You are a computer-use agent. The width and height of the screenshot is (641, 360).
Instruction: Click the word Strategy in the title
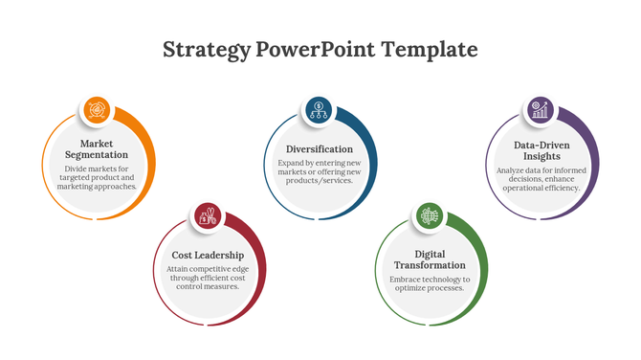click(207, 49)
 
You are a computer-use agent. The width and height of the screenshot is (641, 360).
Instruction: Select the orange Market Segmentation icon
click(96, 110)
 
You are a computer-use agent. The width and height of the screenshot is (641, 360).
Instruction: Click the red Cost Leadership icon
click(208, 216)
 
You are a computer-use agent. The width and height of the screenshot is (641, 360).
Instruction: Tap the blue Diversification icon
click(320, 110)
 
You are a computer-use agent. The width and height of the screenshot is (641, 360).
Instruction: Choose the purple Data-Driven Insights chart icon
click(542, 110)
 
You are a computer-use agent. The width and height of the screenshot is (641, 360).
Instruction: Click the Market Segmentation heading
click(97, 148)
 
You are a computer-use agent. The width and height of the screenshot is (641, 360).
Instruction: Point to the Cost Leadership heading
click(208, 255)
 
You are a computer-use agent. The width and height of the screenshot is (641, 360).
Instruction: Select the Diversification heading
click(320, 149)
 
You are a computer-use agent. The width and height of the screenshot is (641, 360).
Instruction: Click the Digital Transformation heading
click(431, 259)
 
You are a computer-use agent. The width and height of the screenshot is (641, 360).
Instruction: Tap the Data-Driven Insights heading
click(542, 149)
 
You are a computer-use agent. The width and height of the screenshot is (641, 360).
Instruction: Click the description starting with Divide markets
click(97, 177)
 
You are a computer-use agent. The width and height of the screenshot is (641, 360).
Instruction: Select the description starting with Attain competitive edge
click(208, 278)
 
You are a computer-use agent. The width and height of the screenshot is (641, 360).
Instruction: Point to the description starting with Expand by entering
click(320, 171)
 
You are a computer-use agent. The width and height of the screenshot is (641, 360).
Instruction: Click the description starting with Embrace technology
click(431, 282)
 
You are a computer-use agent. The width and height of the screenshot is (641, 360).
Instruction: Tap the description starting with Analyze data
click(542, 179)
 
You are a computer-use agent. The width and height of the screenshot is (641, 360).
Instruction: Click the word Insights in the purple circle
click(542, 156)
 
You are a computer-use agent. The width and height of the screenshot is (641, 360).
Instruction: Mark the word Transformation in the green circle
click(431, 265)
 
